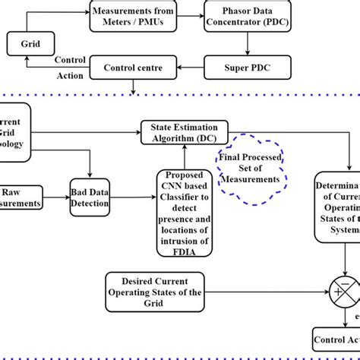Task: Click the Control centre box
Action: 133,69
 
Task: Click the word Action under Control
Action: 69,75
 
